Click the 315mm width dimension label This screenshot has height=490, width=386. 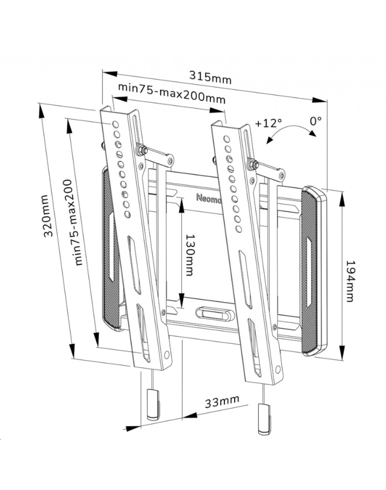tap(211, 79)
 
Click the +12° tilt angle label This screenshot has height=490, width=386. tap(269, 123)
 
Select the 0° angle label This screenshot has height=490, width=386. tap(316, 121)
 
